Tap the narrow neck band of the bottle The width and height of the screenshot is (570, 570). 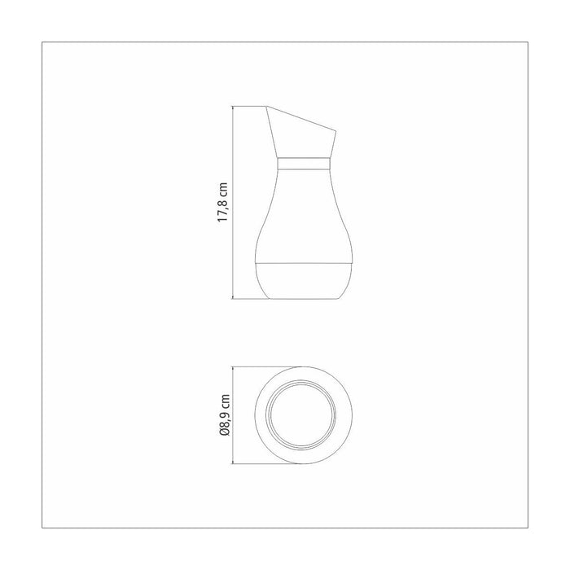point(304,164)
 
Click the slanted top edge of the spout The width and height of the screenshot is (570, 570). point(301,117)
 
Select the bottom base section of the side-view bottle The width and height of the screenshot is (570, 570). point(304,281)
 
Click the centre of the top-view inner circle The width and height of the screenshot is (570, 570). point(304,414)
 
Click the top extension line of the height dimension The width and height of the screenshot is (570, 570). point(248,105)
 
